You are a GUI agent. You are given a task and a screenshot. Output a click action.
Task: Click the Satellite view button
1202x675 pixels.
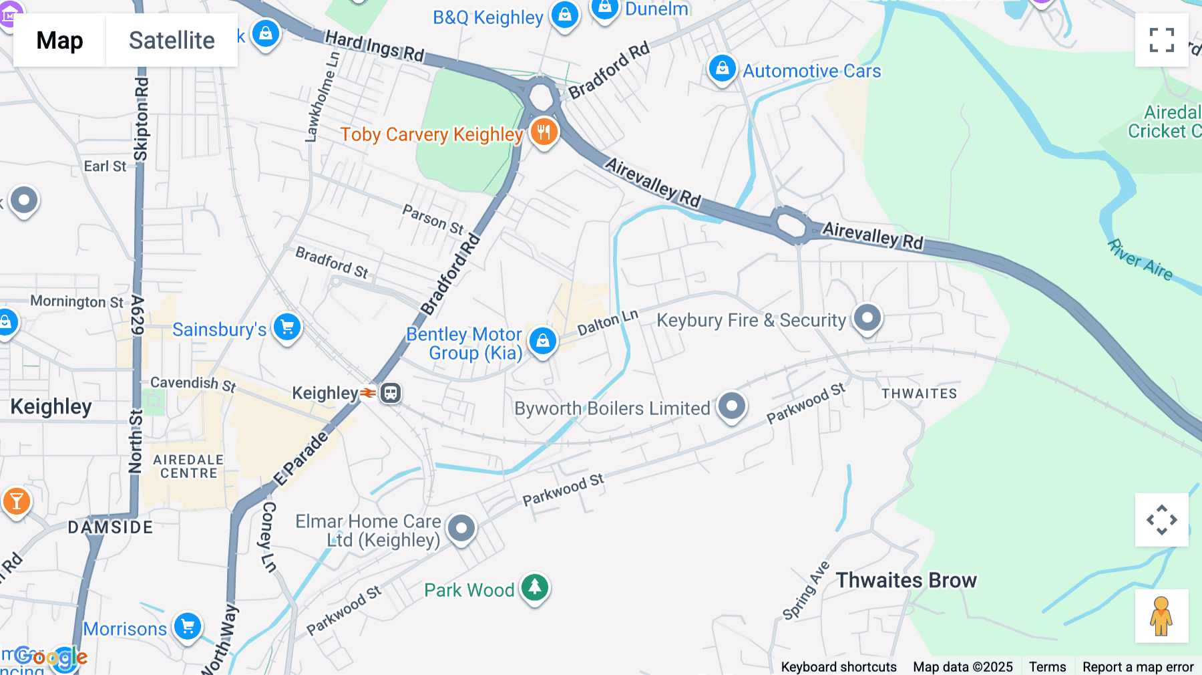[x=172, y=40]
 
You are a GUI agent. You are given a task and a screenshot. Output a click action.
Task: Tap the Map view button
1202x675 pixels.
[x=59, y=40]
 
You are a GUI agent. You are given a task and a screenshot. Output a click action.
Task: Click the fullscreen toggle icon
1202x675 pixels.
[x=1161, y=40]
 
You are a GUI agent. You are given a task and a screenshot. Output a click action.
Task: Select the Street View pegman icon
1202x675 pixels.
[x=1161, y=616]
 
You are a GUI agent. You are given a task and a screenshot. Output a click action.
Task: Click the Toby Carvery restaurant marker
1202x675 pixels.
[x=544, y=132]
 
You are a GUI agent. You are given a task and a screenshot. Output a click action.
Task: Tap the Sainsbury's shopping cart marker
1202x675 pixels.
[x=287, y=327]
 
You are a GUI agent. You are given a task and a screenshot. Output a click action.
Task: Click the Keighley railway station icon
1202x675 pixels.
[x=391, y=393]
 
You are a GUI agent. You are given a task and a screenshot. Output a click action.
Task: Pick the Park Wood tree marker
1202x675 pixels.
[x=535, y=587]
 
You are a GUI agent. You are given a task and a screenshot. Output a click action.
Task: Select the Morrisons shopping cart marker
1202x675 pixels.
[x=188, y=627]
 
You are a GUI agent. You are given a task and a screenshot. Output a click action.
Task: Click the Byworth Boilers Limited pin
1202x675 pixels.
[x=732, y=406]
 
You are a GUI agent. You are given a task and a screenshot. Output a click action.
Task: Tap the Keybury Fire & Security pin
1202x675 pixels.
[x=867, y=318]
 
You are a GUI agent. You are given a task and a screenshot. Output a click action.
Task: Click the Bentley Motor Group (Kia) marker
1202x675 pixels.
[x=543, y=341]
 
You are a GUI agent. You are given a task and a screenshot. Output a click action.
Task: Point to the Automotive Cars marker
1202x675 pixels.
[x=722, y=68]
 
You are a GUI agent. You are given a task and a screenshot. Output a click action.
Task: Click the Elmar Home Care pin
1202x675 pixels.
[x=461, y=528]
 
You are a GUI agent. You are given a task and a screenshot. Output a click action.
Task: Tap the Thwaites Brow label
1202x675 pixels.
[x=906, y=580]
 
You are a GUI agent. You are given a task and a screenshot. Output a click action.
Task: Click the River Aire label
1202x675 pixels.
[x=1140, y=260]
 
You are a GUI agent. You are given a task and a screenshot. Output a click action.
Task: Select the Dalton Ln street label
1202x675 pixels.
[x=608, y=323]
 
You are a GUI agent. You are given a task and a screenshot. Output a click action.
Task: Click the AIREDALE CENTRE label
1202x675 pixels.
[x=188, y=466]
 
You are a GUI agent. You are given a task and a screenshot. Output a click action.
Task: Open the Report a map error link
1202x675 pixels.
[x=1138, y=667]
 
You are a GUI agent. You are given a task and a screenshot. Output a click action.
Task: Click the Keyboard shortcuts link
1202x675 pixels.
[x=839, y=667]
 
